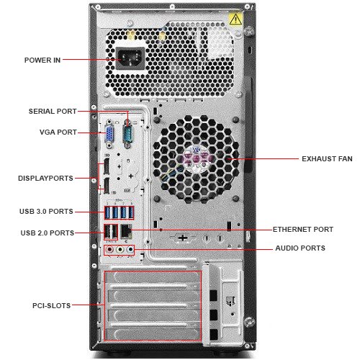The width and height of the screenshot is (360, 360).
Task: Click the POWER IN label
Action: [42, 60]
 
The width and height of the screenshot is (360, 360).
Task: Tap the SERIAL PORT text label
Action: [53, 112]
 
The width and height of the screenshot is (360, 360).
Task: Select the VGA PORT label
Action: [58, 132]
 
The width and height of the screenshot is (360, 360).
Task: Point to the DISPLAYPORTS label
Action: [45, 179]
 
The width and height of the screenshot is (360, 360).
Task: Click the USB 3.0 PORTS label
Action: [46, 212]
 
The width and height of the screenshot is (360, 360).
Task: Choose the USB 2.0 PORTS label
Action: [48, 233]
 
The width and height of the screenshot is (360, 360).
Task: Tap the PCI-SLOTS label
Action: [52, 306]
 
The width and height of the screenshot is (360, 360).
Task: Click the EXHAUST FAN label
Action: [327, 159]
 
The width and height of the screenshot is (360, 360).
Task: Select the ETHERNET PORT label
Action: [303, 230]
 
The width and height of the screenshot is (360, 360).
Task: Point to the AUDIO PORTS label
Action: [300, 248]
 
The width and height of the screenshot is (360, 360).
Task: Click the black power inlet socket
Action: [130, 58]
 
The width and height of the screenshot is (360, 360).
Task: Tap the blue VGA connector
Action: [109, 135]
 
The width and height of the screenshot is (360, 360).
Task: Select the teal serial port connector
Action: [127, 135]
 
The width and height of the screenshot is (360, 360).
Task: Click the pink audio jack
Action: [109, 250]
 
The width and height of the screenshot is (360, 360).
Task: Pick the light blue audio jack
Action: [130, 250]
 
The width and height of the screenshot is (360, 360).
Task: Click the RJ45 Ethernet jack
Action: [126, 231]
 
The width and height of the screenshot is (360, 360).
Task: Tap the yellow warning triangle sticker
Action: [235, 19]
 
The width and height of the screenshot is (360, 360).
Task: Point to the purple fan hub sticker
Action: [197, 158]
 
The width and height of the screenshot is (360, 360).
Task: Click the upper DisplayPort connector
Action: [106, 166]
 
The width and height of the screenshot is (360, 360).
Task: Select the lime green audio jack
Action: [120, 250]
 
